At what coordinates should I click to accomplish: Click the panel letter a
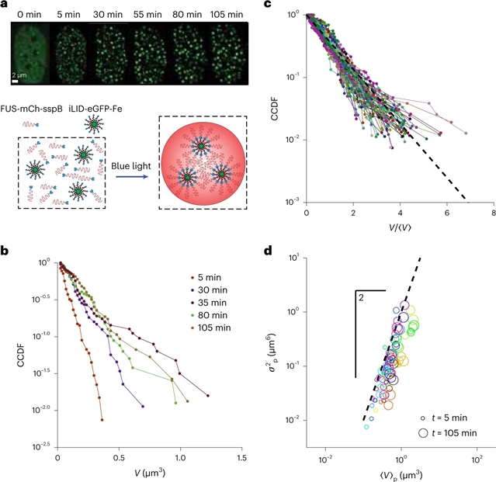coord(6,5)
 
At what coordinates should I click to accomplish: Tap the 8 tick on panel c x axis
coord(493,213)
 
